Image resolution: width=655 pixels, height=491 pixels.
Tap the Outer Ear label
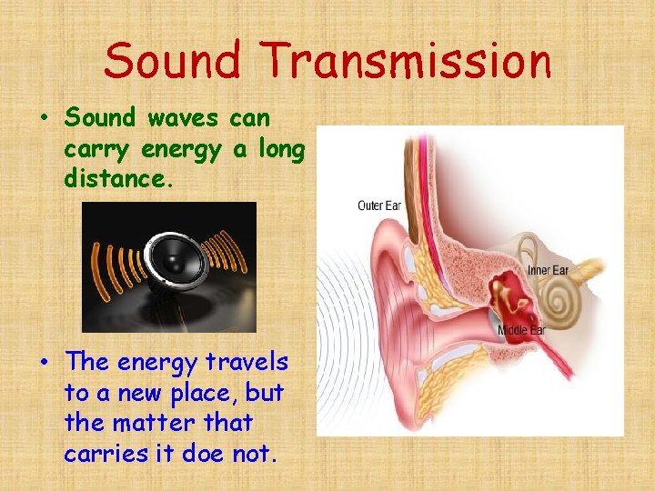pos(378,205)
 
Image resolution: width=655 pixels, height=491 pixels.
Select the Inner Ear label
pos(549,270)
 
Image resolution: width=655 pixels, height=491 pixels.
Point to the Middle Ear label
pos(520,330)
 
